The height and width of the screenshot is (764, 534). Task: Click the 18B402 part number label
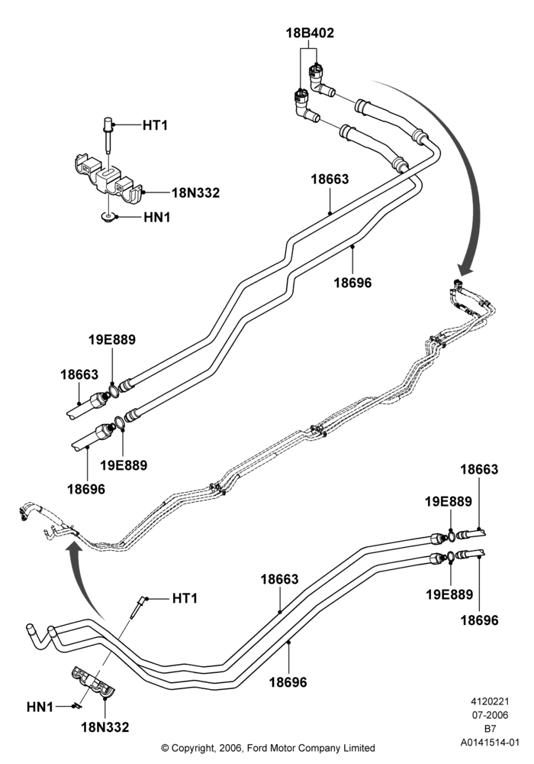(310, 33)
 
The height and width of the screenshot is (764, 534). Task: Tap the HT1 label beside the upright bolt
(155, 126)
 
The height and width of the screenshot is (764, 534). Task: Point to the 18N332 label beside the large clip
(195, 193)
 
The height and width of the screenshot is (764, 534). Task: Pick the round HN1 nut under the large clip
(108, 216)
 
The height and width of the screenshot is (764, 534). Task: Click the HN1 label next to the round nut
(157, 217)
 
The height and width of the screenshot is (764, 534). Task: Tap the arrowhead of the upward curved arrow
(74, 552)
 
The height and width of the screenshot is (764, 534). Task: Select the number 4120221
(490, 701)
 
